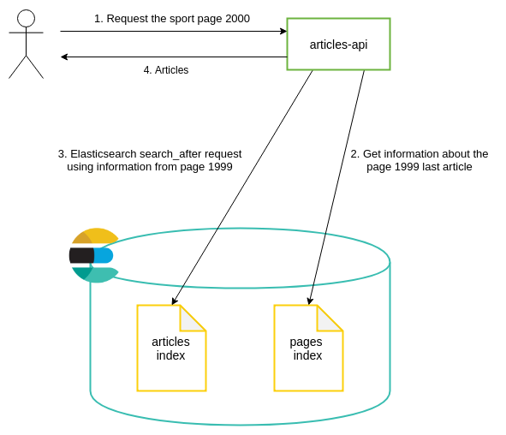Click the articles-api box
338,44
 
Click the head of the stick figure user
26,18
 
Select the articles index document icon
171,348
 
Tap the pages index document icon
308,348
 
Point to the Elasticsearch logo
92,255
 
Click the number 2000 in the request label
237,19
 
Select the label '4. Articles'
166,70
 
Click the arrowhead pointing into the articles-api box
283,31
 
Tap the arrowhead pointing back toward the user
64,57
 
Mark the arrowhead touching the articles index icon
174,301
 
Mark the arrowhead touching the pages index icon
310,301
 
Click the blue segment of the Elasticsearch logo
103,255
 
